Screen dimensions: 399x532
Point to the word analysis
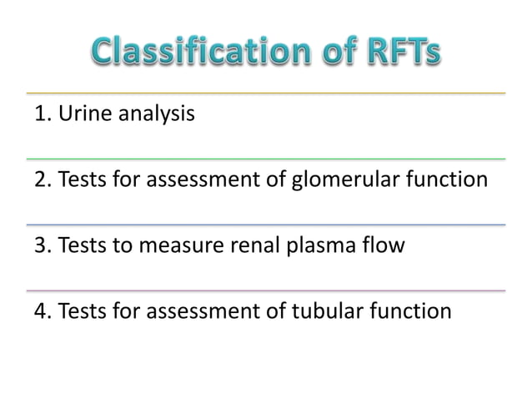pos(158,114)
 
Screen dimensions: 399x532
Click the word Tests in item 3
pos(81,245)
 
